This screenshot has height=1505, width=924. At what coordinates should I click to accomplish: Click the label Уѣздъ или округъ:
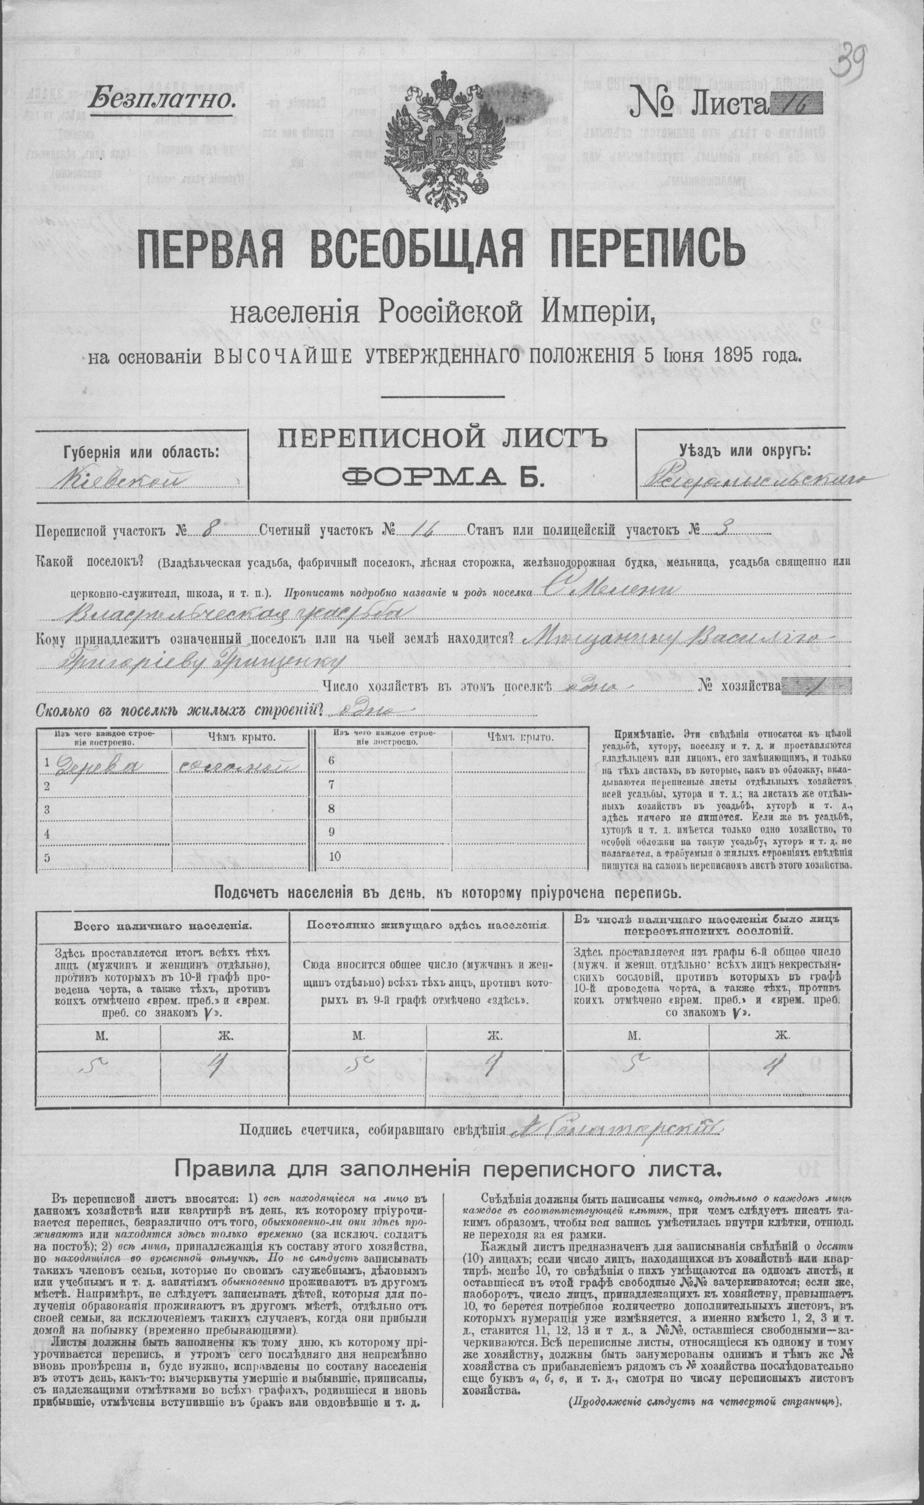pyautogui.click(x=746, y=451)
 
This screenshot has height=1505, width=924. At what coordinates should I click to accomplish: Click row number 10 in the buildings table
pyautogui.click(x=335, y=856)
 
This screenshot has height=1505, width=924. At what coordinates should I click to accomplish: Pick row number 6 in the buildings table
pyautogui.click(x=332, y=761)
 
